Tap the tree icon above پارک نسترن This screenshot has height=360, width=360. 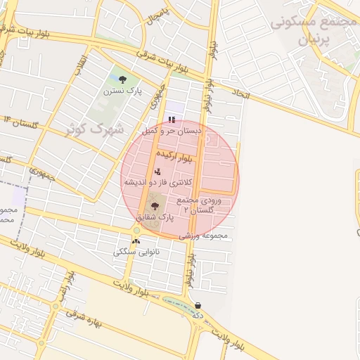tap(123, 79)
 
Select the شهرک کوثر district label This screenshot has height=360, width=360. tap(94, 129)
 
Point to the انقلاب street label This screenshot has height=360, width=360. tap(80, 65)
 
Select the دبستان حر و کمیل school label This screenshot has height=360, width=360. tap(172, 131)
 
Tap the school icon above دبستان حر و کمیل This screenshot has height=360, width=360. tap(172, 120)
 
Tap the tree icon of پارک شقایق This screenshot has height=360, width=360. tap(155, 206)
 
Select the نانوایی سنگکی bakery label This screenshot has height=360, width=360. tap(136, 251)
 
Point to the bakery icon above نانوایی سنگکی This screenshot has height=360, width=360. tap(136, 241)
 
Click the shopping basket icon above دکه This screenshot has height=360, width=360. tap(198, 306)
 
